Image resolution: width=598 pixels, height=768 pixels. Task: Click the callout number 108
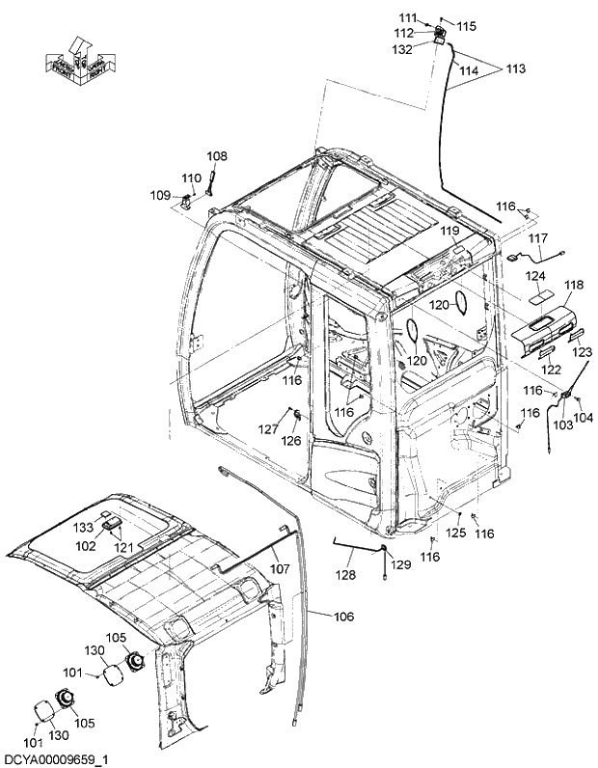pyautogui.click(x=217, y=155)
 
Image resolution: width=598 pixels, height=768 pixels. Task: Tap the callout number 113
pyautogui.click(x=516, y=69)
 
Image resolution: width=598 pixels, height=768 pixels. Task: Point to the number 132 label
pyautogui.click(x=402, y=49)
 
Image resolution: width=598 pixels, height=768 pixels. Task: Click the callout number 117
pyautogui.click(x=537, y=237)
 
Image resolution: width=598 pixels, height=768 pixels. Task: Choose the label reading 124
pyautogui.click(x=535, y=276)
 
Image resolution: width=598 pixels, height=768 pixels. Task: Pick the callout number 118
pyautogui.click(x=574, y=286)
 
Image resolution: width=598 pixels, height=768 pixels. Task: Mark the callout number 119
pyautogui.click(x=450, y=232)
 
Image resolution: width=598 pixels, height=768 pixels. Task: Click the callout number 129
pyautogui.click(x=400, y=563)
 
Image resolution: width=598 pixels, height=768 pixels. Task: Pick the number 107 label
pyautogui.click(x=279, y=569)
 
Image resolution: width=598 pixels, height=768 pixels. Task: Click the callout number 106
pyautogui.click(x=343, y=617)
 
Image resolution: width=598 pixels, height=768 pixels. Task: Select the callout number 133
pyautogui.click(x=85, y=528)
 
